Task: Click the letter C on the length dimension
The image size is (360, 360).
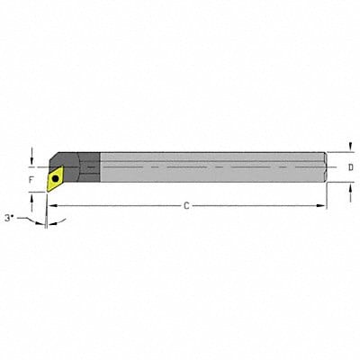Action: tap(186, 206)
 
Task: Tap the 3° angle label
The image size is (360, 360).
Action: tap(10, 217)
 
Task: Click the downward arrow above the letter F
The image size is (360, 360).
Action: tap(33, 157)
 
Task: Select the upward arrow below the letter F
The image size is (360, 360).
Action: tap(33, 199)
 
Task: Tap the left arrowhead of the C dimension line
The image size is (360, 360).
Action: tap(51, 206)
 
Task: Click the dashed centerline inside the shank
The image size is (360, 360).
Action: tap(207, 168)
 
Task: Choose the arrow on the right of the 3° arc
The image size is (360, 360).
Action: tap(53, 222)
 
